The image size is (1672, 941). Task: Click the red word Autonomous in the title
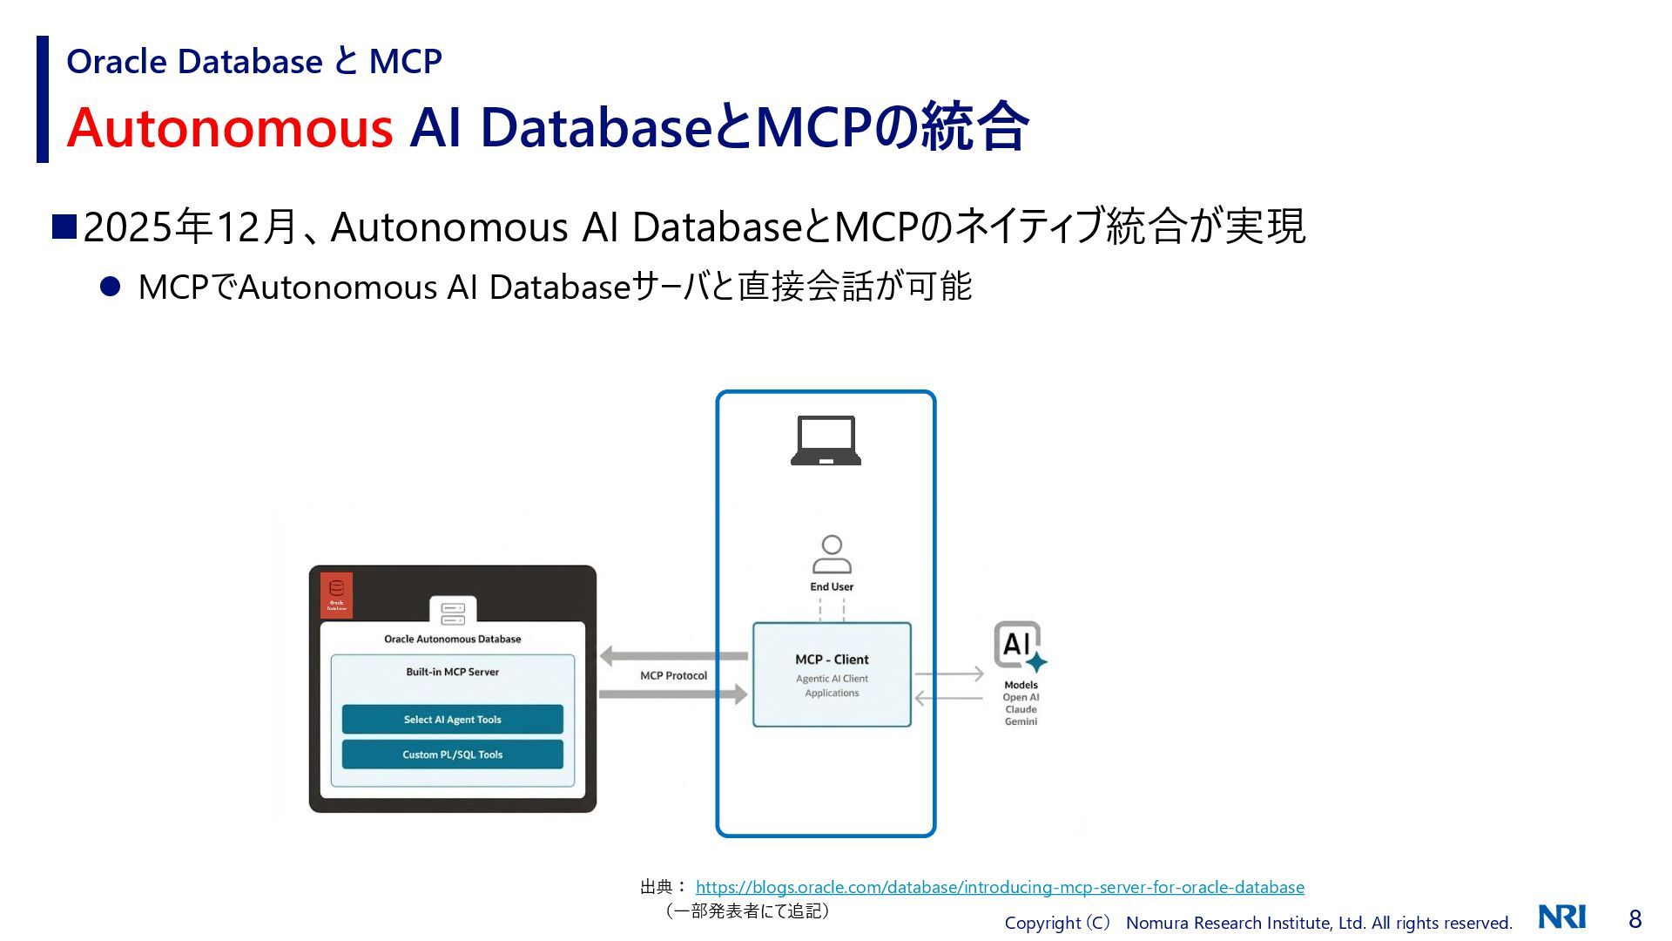230,127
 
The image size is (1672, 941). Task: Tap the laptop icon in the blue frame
826,441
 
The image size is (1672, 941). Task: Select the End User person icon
832,554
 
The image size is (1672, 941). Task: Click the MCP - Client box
832,674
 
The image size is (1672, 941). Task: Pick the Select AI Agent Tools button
452,720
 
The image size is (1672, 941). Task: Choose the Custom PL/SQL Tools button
452,755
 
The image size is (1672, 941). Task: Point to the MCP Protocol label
673,676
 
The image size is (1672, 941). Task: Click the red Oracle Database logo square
336,595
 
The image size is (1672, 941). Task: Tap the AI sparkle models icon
1019,646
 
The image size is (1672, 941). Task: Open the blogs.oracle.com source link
1000,887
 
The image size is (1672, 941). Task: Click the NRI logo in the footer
1561,917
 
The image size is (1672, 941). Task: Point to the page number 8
1635,919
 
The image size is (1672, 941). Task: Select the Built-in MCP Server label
452,672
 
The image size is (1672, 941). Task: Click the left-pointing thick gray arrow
673,656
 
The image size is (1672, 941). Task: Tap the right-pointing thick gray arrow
673,694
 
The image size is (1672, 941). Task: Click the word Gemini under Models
1021,721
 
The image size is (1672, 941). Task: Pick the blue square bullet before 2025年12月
64,227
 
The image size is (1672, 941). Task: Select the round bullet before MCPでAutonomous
110,287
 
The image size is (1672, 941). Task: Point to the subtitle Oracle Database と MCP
254,61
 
